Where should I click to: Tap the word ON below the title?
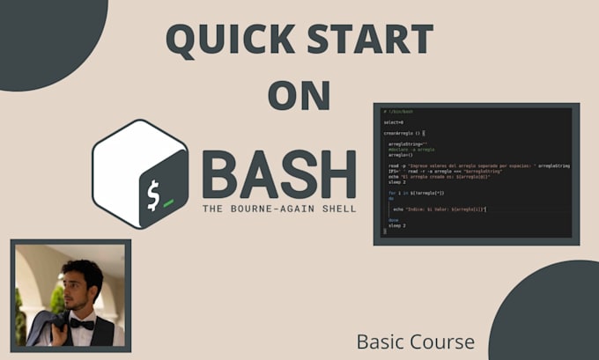[299, 95]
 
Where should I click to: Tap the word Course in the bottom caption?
[445, 341]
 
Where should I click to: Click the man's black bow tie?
[81, 323]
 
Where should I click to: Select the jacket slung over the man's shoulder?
[44, 328]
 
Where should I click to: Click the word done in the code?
[393, 220]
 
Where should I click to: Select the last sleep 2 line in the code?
[396, 225]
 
